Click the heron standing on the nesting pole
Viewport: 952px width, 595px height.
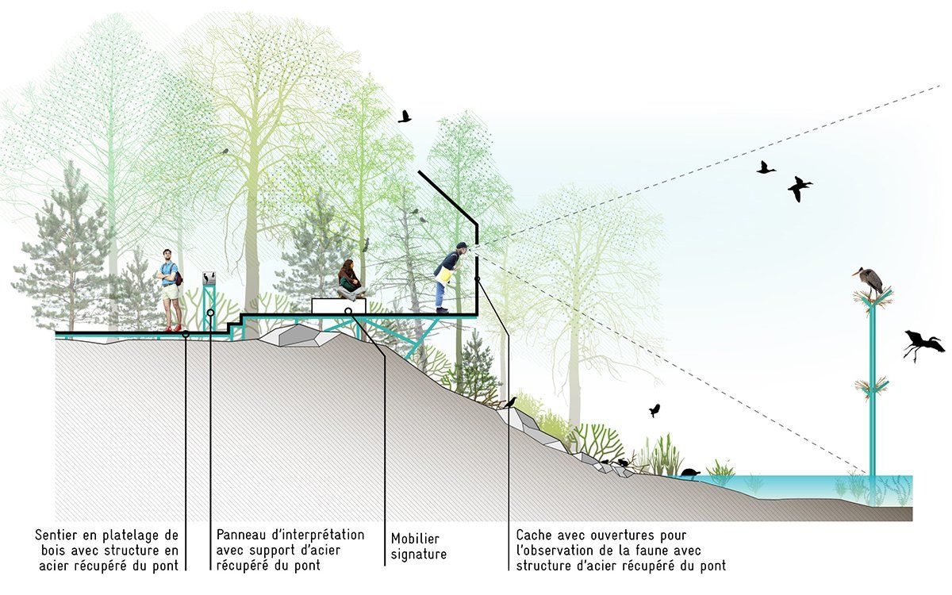tap(869, 282)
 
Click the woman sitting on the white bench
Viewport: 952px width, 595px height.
tap(351, 281)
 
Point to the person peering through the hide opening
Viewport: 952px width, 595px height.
tap(449, 277)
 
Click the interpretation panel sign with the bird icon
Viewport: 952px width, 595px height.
tap(209, 278)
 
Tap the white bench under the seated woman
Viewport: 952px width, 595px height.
tap(338, 306)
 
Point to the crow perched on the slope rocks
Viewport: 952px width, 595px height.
tap(510, 402)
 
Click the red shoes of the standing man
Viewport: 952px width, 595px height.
tap(173, 328)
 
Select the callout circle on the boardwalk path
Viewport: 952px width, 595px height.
tap(186, 334)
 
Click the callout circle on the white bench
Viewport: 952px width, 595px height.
tap(348, 311)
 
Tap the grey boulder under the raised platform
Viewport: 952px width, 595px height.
tap(300, 336)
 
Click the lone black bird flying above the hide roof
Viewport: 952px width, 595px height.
tap(404, 117)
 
